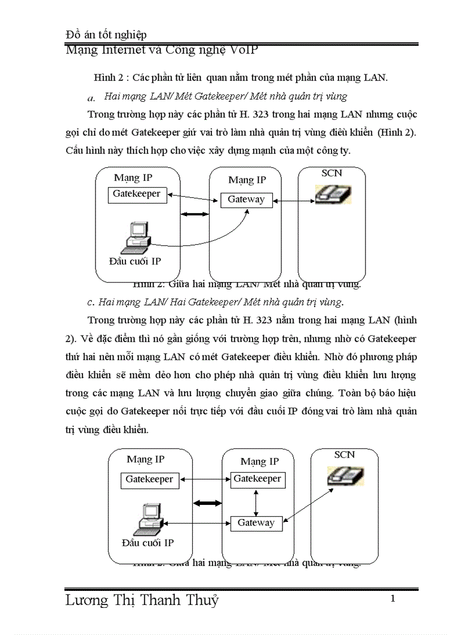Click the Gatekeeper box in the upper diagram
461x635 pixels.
click(x=137, y=195)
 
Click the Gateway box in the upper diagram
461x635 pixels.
click(x=246, y=200)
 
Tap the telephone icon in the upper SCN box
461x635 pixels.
click(x=333, y=194)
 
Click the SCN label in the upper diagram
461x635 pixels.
click(x=332, y=173)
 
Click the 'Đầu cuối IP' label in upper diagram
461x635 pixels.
click(x=135, y=261)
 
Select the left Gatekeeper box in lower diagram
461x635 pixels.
click(x=150, y=480)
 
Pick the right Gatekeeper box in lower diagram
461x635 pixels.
click(x=257, y=479)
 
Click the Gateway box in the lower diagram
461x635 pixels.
click(x=256, y=523)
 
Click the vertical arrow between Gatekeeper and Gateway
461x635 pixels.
click(x=257, y=502)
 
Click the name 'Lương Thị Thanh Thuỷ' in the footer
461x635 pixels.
click(x=142, y=601)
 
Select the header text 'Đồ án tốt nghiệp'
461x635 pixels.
click(x=106, y=35)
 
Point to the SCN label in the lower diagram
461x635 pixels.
click(x=344, y=455)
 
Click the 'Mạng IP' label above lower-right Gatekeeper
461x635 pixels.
click(x=259, y=461)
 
